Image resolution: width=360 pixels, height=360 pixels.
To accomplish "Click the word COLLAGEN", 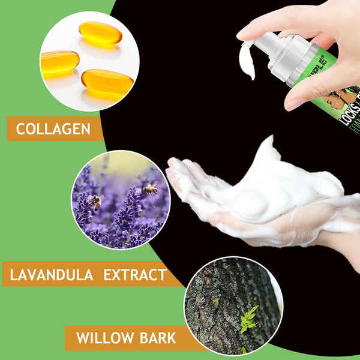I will [53, 128].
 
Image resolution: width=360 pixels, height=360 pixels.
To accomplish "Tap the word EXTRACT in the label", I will [134, 275].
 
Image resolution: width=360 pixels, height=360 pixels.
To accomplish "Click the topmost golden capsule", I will [100, 32].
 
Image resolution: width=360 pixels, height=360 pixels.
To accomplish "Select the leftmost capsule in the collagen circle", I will [59, 62].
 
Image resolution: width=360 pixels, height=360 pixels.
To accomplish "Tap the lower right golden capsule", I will [107, 82].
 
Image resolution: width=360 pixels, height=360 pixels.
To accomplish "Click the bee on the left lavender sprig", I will [95, 202].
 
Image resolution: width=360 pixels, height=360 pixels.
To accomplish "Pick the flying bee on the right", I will [150, 189].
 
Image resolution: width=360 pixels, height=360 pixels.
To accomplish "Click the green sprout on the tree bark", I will [248, 319].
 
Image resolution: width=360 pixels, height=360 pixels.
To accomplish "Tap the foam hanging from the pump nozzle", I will [247, 61].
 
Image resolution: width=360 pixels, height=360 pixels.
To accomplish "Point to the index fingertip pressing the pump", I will [243, 34].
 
